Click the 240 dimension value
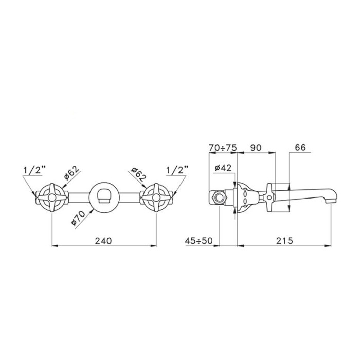[103, 241]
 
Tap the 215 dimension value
[284, 241]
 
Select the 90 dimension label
[256, 148]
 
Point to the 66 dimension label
[300, 148]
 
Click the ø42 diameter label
[223, 168]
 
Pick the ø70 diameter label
[78, 218]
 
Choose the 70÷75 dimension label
[223, 148]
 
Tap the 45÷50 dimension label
[199, 241]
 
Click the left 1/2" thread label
[34, 170]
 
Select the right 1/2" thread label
[177, 170]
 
